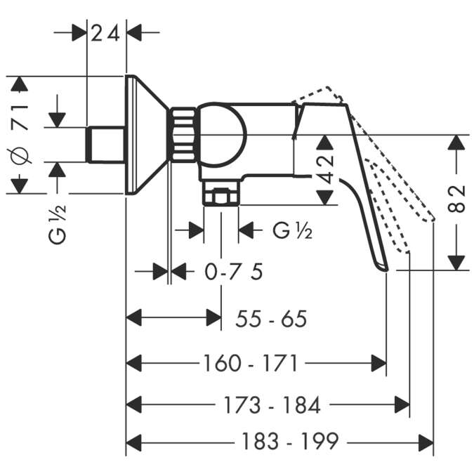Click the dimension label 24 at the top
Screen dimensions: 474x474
[x=107, y=32]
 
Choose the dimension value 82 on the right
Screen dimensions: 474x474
[x=457, y=199]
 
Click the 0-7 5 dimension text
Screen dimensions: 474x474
[x=233, y=271]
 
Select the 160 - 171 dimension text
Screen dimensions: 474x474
[x=251, y=363]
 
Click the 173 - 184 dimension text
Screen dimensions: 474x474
[x=273, y=404]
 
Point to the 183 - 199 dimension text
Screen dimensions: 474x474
[x=290, y=442]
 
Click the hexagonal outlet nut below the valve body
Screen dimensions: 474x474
[x=220, y=196]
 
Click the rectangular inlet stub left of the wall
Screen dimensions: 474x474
[x=105, y=144]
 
